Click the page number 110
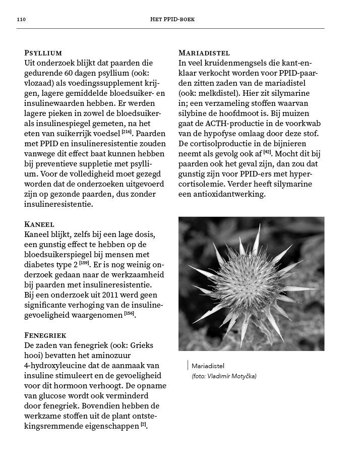tap(21, 20)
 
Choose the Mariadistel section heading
tap(204, 52)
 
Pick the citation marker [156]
tap(130, 314)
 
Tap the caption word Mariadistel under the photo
tap(208, 366)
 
